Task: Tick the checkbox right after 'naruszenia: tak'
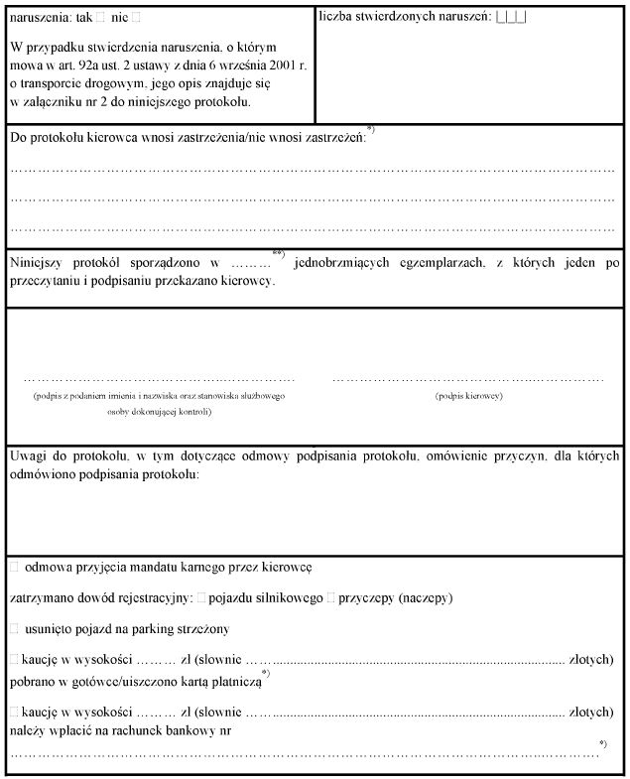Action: click(x=101, y=18)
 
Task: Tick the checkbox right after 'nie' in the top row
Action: click(x=137, y=18)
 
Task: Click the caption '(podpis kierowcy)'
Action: click(x=468, y=396)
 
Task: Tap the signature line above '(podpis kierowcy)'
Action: click(x=467, y=379)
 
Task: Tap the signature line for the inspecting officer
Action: click(x=159, y=379)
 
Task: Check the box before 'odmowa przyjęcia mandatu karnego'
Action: click(x=14, y=567)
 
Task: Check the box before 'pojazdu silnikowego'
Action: click(x=201, y=598)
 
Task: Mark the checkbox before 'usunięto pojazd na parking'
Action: click(x=14, y=629)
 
